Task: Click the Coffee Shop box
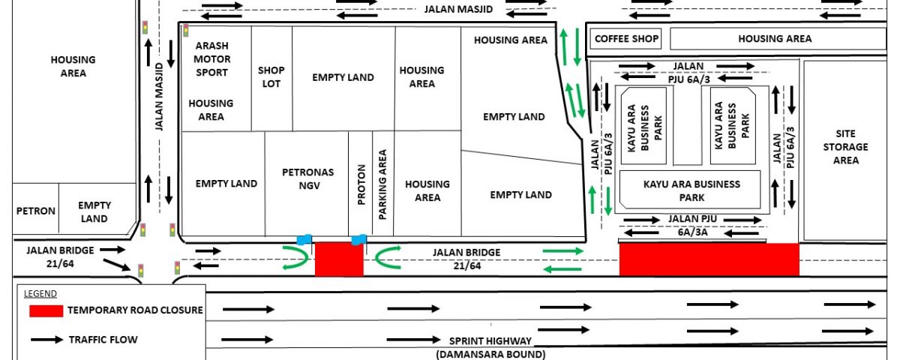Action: pyautogui.click(x=625, y=39)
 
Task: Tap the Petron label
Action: pyautogui.click(x=36, y=211)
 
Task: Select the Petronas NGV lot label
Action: pyautogui.click(x=308, y=178)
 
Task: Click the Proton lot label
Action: pyautogui.click(x=361, y=184)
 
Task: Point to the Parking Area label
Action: pyautogui.click(x=382, y=184)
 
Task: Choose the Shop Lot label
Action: pyautogui.click(x=271, y=76)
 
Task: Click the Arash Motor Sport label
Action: pyautogui.click(x=211, y=59)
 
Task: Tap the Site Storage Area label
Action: pyautogui.click(x=846, y=147)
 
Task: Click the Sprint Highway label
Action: pyautogui.click(x=490, y=341)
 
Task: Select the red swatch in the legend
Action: pyautogui.click(x=46, y=311)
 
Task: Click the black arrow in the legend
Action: pyautogui.click(x=47, y=340)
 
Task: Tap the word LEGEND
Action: pyautogui.click(x=40, y=294)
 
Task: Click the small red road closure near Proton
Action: pyautogui.click(x=339, y=259)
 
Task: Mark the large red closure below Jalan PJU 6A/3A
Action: pyautogui.click(x=709, y=259)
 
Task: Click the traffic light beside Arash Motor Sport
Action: pyautogui.click(x=186, y=31)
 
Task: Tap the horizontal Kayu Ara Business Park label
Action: pyautogui.click(x=691, y=190)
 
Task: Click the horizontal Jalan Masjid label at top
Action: pyautogui.click(x=458, y=9)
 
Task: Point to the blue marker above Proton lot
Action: pyautogui.click(x=358, y=240)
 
